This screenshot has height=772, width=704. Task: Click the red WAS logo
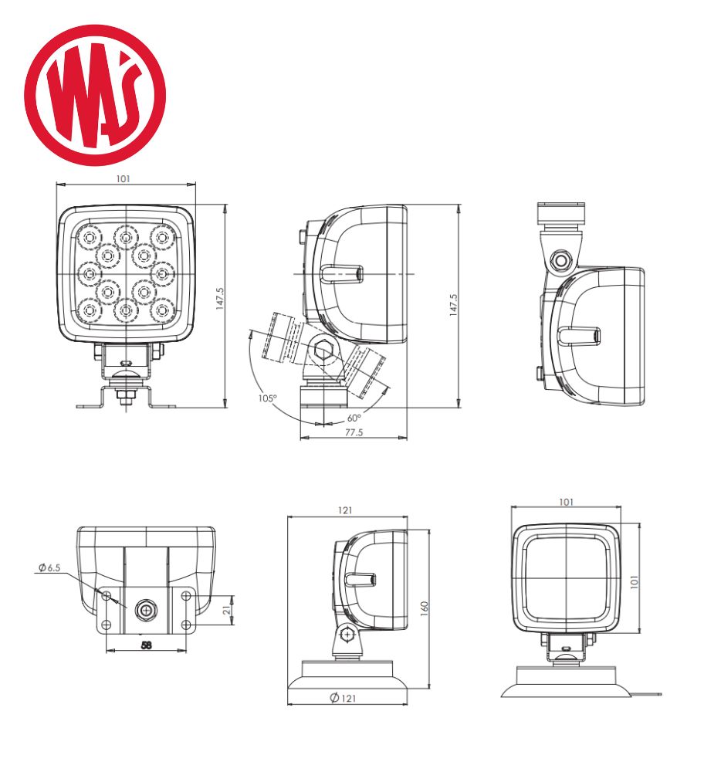coord(95,95)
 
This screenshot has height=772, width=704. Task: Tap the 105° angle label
coord(268,398)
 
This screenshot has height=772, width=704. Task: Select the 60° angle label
coord(354,418)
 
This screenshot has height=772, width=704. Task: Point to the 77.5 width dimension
coord(354,432)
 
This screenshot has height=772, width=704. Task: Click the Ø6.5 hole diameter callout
coord(49,567)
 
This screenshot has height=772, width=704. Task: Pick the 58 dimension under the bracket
coord(146,645)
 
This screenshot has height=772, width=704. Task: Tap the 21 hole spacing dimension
coord(227,611)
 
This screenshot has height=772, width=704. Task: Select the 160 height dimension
coord(425,608)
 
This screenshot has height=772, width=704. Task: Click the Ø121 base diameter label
coord(343,698)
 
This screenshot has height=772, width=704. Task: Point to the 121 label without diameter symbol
coord(345,510)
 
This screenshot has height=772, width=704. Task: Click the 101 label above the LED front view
coord(123,179)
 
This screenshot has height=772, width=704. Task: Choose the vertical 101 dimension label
coord(635,582)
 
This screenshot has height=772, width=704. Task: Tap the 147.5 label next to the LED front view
coord(220,299)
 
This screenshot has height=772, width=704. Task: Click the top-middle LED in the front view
coord(126,238)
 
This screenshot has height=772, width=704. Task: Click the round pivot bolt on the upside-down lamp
coord(560,259)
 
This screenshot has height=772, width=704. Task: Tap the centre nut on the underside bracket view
coord(146,611)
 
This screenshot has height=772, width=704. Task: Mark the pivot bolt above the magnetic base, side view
coord(347,635)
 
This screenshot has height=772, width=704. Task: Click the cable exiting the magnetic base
coord(647,695)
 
